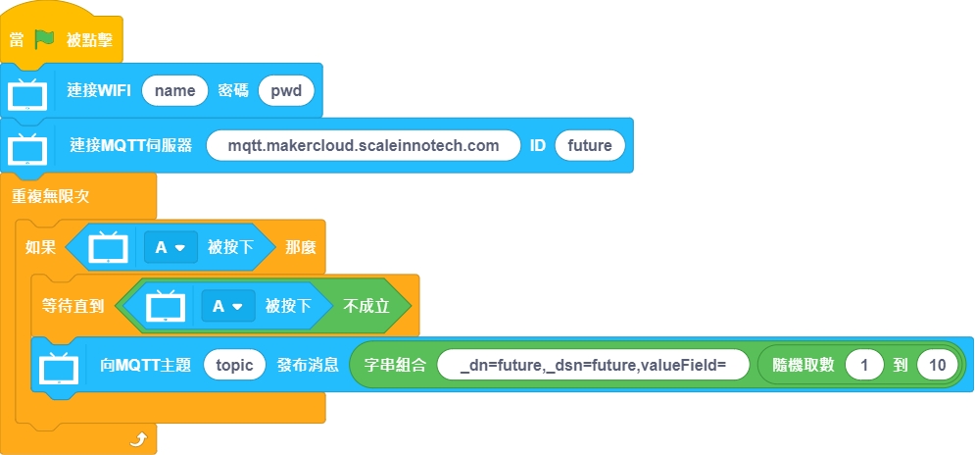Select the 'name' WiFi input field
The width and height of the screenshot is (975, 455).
pos(175,91)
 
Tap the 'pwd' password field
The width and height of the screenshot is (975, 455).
pos(286,91)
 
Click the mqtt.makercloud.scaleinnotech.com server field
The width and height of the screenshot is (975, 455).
pos(363,146)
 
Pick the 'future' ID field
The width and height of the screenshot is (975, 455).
pos(589,146)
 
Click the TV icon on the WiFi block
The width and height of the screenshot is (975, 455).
pos(27,94)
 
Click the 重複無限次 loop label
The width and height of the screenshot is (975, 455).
pos(51,195)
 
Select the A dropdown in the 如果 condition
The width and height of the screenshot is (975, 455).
pos(170,247)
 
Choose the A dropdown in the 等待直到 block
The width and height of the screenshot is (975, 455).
pos(228,305)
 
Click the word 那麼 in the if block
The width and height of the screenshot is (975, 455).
pos(301,247)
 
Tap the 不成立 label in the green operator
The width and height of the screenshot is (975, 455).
pos(366,305)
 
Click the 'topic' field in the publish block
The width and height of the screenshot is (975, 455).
pos(234,365)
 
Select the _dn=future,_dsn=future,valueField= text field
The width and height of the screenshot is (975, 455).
pos(593,365)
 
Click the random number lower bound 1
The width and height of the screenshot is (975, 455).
pos(864,365)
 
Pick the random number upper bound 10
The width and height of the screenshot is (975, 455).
pos(937,365)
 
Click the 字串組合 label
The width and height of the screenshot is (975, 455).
pos(392,365)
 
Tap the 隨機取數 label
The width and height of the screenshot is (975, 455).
pos(803,365)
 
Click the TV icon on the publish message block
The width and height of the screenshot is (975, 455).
pos(59,367)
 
